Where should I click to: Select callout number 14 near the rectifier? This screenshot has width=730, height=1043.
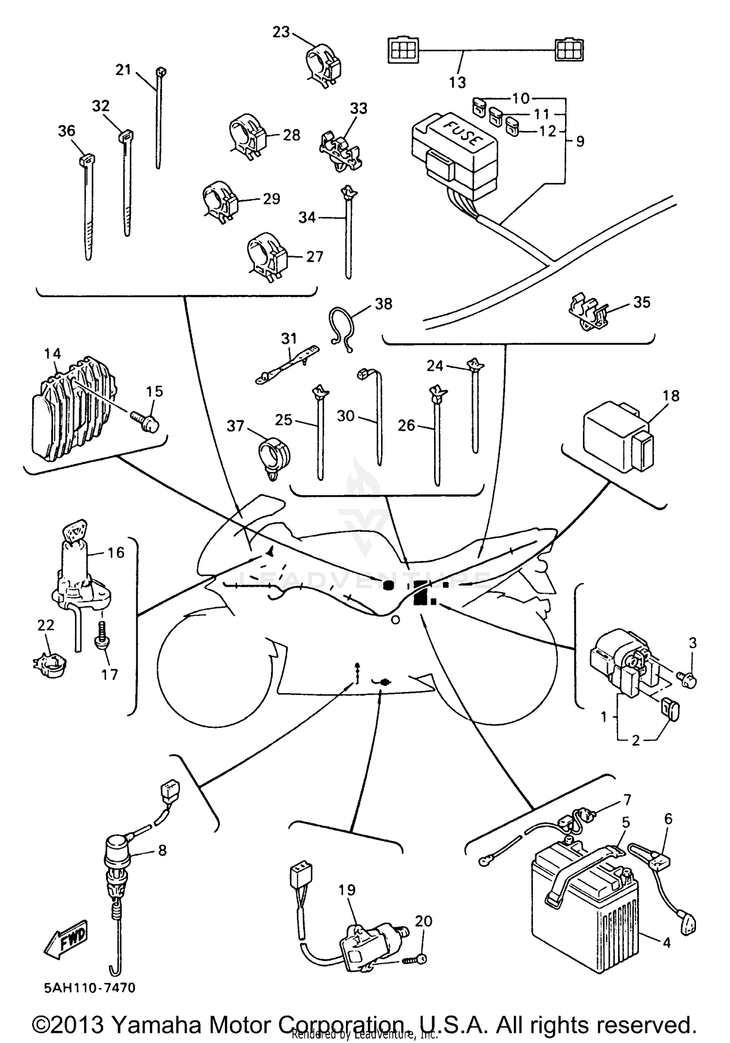53,354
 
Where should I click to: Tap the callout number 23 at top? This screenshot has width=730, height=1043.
281,32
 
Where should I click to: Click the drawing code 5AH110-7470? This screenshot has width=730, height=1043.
90,988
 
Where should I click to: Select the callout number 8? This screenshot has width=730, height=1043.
163,851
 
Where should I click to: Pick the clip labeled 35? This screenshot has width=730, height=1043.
587,312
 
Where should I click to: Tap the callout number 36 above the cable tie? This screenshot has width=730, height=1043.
67,130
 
